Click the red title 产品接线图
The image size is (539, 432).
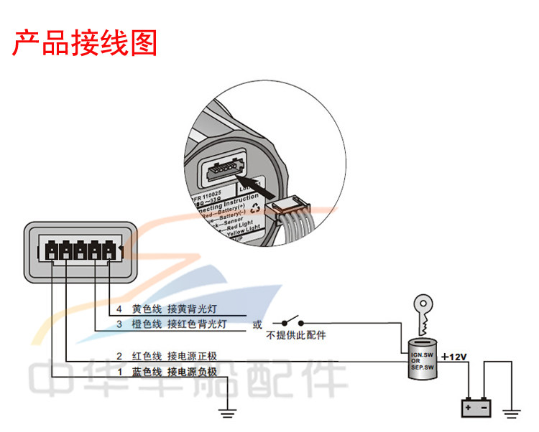pos(85,43)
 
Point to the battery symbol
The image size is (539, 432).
pos(475,408)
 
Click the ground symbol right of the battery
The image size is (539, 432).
pos(512,413)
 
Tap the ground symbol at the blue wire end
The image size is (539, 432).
pos(229,413)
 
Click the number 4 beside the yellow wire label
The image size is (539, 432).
pos(119,309)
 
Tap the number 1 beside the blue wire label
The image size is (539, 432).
pos(119,371)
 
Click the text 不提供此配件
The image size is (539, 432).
pos(295,335)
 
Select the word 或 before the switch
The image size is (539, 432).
pos(257,324)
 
